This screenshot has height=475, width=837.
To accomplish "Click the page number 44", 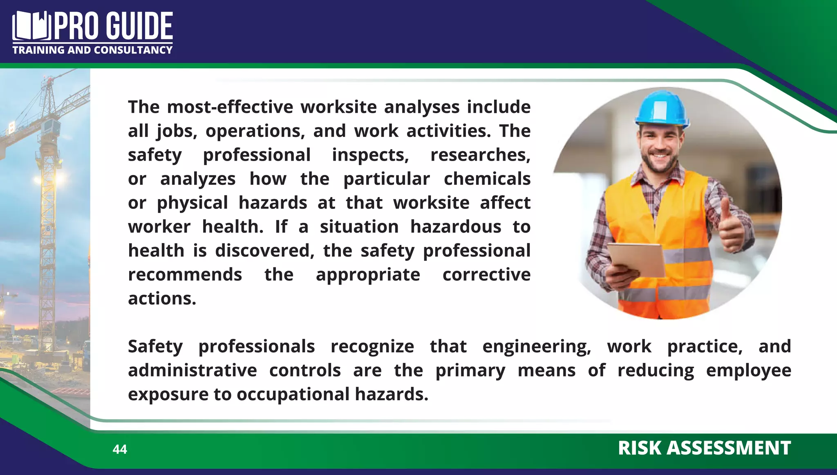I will click(120, 449).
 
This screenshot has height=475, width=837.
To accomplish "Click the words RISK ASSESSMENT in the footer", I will click(704, 448).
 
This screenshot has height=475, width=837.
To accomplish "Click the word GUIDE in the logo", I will click(140, 26).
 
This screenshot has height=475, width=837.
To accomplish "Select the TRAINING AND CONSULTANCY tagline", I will click(92, 50).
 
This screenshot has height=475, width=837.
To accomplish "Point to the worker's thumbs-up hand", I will click(731, 227).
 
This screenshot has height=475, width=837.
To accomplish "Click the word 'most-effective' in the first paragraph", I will click(230, 107).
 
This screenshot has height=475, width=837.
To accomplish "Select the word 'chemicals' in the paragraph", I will click(487, 179).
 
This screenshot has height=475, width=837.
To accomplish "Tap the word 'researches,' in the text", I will click(480, 155).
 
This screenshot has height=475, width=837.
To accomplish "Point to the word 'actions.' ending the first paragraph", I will click(162, 299).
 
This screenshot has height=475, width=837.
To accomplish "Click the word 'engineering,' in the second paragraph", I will click(536, 347).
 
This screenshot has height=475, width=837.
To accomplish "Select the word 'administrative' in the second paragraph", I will click(192, 371).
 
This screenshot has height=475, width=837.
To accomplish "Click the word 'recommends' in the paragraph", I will click(185, 275).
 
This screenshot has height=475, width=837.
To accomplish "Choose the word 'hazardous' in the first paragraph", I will click(455, 227).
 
